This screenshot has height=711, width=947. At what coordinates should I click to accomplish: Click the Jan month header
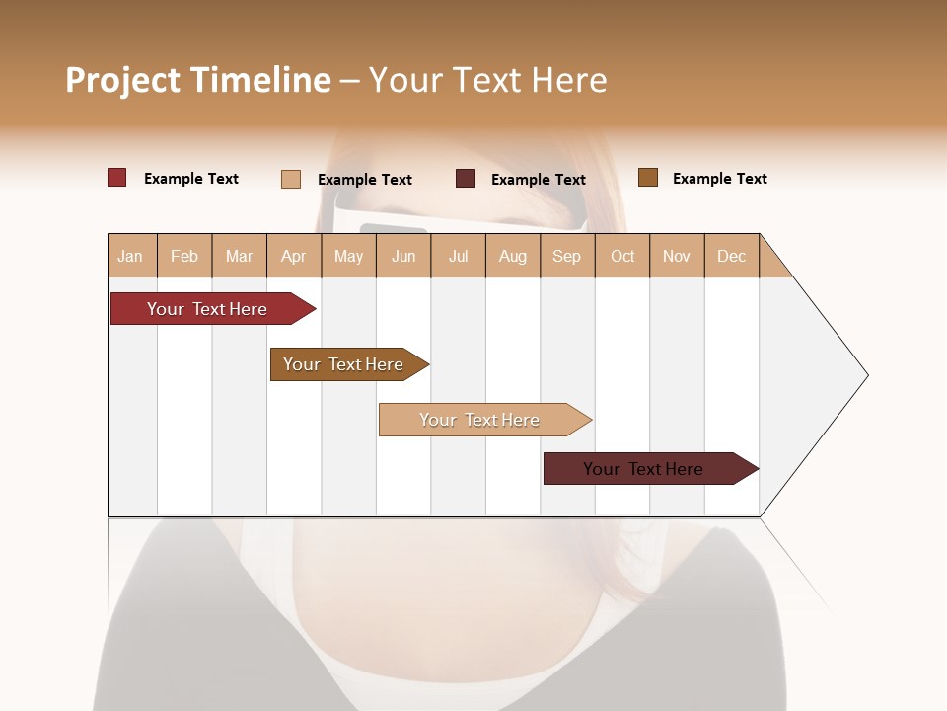pyautogui.click(x=131, y=256)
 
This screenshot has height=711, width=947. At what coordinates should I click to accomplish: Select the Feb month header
pyautogui.click(x=184, y=256)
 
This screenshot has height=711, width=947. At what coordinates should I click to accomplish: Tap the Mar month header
pyautogui.click(x=239, y=256)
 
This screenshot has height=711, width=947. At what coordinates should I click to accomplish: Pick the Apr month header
pyautogui.click(x=294, y=256)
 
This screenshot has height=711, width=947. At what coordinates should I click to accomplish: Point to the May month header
pyautogui.click(x=348, y=256)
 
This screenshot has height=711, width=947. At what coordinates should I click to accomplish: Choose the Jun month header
pyautogui.click(x=403, y=256)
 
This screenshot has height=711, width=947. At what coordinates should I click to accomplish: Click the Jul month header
pyautogui.click(x=458, y=256)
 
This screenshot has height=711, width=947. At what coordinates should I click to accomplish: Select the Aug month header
pyautogui.click(x=513, y=256)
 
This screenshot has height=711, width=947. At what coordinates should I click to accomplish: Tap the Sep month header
pyautogui.click(x=567, y=256)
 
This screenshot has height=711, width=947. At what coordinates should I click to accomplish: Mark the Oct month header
pyautogui.click(x=622, y=256)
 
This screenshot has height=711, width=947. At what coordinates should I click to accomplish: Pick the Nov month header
pyautogui.click(x=677, y=256)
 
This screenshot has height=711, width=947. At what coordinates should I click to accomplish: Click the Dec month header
pyautogui.click(x=731, y=256)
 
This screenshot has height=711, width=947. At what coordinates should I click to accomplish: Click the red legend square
pyautogui.click(x=117, y=178)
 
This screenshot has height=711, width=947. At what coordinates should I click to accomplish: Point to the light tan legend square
pyautogui.click(x=291, y=179)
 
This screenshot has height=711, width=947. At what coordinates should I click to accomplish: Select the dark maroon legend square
pyautogui.click(x=466, y=179)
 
